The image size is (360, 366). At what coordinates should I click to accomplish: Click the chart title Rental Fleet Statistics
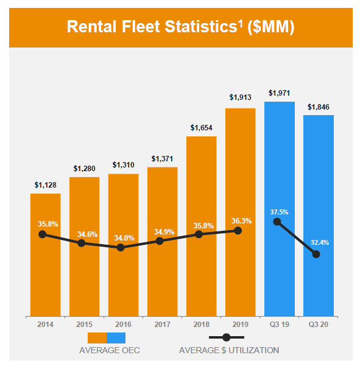click(180, 27)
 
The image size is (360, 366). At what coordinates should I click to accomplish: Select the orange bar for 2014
click(45, 274)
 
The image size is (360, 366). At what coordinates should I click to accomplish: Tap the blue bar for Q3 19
click(280, 268)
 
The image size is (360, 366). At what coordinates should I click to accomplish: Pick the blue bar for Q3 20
click(319, 280)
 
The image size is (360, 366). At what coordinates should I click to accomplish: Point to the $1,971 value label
click(280, 93)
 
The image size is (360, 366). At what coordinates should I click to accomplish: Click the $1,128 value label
click(45, 185)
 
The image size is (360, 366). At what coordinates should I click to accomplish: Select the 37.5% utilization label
click(279, 212)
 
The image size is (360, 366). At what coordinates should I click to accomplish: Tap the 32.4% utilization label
click(319, 242)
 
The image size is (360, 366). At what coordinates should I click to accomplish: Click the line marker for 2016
click(121, 248)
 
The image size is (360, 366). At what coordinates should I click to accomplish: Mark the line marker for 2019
click(238, 230)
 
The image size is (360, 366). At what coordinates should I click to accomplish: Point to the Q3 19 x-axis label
click(280, 325)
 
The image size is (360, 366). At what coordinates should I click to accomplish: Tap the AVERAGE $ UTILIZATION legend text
click(229, 350)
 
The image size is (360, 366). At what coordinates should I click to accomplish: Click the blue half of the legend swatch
click(116, 337)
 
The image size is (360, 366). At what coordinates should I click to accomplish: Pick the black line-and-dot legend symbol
click(227, 337)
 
